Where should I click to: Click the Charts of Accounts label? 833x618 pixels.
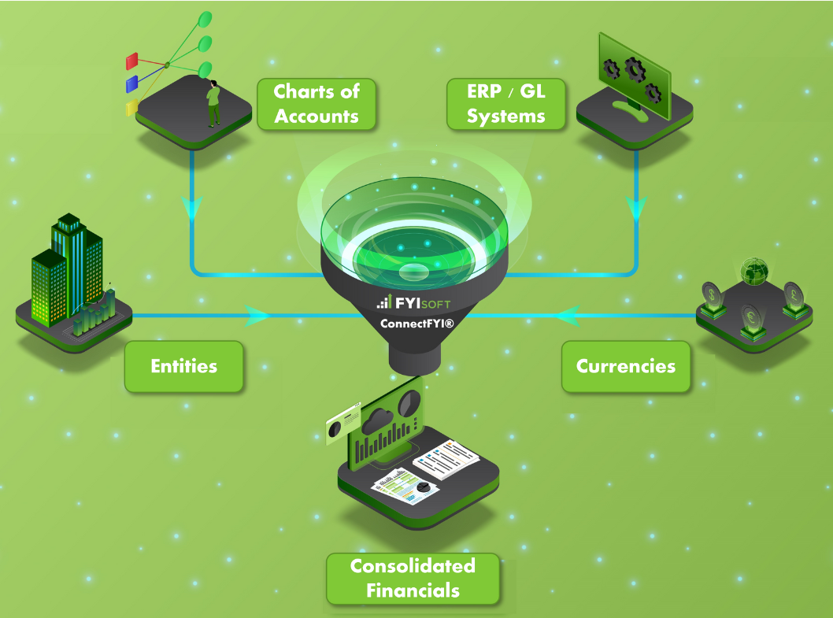pyautogui.click(x=317, y=104)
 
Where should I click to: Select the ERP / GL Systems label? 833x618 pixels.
pyautogui.click(x=506, y=104)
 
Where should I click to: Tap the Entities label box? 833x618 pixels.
pyautogui.click(x=183, y=366)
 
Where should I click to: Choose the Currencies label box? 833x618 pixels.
pyautogui.click(x=626, y=366)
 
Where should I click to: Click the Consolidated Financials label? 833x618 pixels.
pyautogui.click(x=413, y=579)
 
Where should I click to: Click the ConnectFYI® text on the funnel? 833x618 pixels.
pyautogui.click(x=416, y=323)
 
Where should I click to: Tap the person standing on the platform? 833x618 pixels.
pyautogui.click(x=213, y=103)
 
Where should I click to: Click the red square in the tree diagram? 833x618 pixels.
pyautogui.click(x=132, y=61)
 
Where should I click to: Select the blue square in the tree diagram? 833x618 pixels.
pyautogui.click(x=132, y=83)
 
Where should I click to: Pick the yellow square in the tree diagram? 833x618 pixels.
pyautogui.click(x=131, y=107)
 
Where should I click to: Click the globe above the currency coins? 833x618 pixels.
pyautogui.click(x=753, y=269)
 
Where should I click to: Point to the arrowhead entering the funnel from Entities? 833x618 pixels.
pyautogui.click(x=257, y=316)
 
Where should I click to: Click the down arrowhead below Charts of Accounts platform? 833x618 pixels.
pyautogui.click(x=192, y=209)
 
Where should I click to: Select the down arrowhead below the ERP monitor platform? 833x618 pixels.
pyautogui.click(x=636, y=209)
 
